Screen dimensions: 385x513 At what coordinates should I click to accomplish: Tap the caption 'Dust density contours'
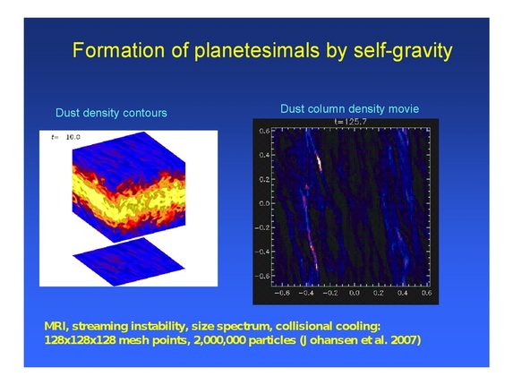point(111,113)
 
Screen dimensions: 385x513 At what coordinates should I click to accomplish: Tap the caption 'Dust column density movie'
point(349,108)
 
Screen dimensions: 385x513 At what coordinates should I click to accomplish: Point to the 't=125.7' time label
point(350,120)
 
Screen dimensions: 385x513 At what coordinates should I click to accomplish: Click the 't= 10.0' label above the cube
point(66,137)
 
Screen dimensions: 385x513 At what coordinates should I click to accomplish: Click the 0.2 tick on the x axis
point(378,291)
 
